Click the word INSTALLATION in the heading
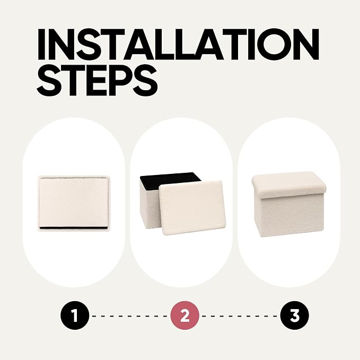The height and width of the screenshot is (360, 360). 178,45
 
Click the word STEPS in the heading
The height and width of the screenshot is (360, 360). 98,81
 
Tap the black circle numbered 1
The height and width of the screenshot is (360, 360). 75,315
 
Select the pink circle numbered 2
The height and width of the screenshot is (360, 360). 185,315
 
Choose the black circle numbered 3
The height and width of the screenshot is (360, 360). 295,315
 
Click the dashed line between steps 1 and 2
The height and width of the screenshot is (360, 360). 130,316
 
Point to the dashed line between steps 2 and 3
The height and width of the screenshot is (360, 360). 240,316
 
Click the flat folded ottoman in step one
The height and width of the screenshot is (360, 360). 74,204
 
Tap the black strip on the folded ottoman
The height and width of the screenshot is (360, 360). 73,227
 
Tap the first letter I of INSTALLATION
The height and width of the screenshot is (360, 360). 42,45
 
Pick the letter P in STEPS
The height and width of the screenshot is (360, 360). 117,81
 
